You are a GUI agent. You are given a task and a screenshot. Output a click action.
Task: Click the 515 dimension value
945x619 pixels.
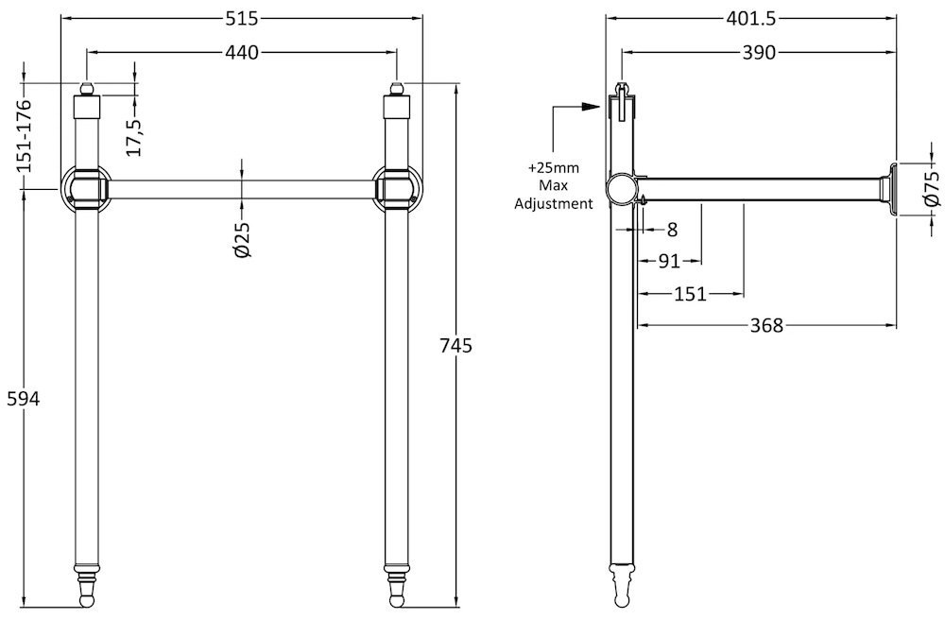click(x=242, y=19)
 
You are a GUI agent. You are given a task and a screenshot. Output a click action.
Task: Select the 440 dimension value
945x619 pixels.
click(x=242, y=53)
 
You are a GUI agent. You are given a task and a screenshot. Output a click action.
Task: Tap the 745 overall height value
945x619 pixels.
click(x=455, y=346)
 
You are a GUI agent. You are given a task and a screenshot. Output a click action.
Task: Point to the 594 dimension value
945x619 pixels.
click(x=23, y=399)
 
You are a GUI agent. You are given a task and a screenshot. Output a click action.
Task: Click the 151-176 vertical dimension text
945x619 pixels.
click(x=25, y=135)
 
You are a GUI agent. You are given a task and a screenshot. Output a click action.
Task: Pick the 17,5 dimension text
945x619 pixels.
click(x=134, y=135)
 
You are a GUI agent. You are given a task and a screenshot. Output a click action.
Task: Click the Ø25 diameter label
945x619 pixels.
click(x=242, y=239)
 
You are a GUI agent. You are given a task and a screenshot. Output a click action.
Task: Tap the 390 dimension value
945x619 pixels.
click(x=758, y=53)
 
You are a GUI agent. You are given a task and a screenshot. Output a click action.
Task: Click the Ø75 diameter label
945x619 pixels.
click(x=932, y=189)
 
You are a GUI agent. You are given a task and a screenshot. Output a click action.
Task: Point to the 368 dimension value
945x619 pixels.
click(x=766, y=325)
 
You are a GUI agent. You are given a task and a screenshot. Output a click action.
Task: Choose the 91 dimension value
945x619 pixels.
click(x=669, y=262)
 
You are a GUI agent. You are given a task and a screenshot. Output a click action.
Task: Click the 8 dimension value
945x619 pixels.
click(x=673, y=229)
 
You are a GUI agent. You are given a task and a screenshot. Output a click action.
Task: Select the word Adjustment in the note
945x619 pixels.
click(x=553, y=203)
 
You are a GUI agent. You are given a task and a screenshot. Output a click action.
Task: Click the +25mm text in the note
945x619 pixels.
click(x=553, y=167)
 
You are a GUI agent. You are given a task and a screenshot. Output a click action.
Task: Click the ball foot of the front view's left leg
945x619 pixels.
click(x=86, y=602)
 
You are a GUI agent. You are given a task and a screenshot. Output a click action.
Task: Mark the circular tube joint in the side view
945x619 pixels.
click(x=621, y=188)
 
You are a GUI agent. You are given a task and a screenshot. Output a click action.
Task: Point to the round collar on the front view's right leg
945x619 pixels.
click(x=396, y=188)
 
